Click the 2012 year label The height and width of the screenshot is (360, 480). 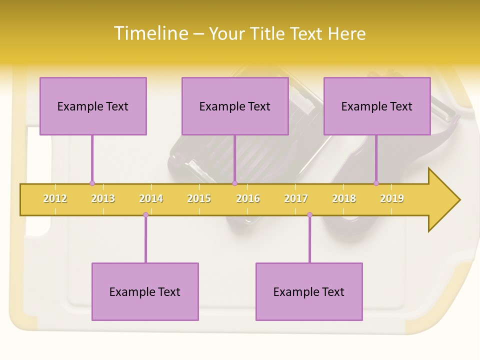point(55,198)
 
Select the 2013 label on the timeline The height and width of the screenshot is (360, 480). point(103,198)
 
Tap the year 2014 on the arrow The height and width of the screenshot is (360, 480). point(151,198)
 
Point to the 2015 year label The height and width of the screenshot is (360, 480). point(199,198)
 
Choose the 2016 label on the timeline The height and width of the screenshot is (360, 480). point(248,198)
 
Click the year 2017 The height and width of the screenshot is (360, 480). point(296,198)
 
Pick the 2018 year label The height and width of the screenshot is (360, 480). point(344,198)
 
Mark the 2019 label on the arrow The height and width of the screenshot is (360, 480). point(392,198)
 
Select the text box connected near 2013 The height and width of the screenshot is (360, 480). point(93,106)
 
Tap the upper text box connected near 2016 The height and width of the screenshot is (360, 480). point(235,106)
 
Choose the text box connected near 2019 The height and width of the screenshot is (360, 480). point(377,106)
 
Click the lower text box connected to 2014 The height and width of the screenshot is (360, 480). point(145,291)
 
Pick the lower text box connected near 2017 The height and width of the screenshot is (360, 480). point(309,291)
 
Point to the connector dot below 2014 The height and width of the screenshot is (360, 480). point(145,215)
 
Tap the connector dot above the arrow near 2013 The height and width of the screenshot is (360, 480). point(92,183)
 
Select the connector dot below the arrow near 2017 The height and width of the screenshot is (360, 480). point(309,215)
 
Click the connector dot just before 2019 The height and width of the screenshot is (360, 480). point(376,183)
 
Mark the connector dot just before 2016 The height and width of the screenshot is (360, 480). point(234,183)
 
